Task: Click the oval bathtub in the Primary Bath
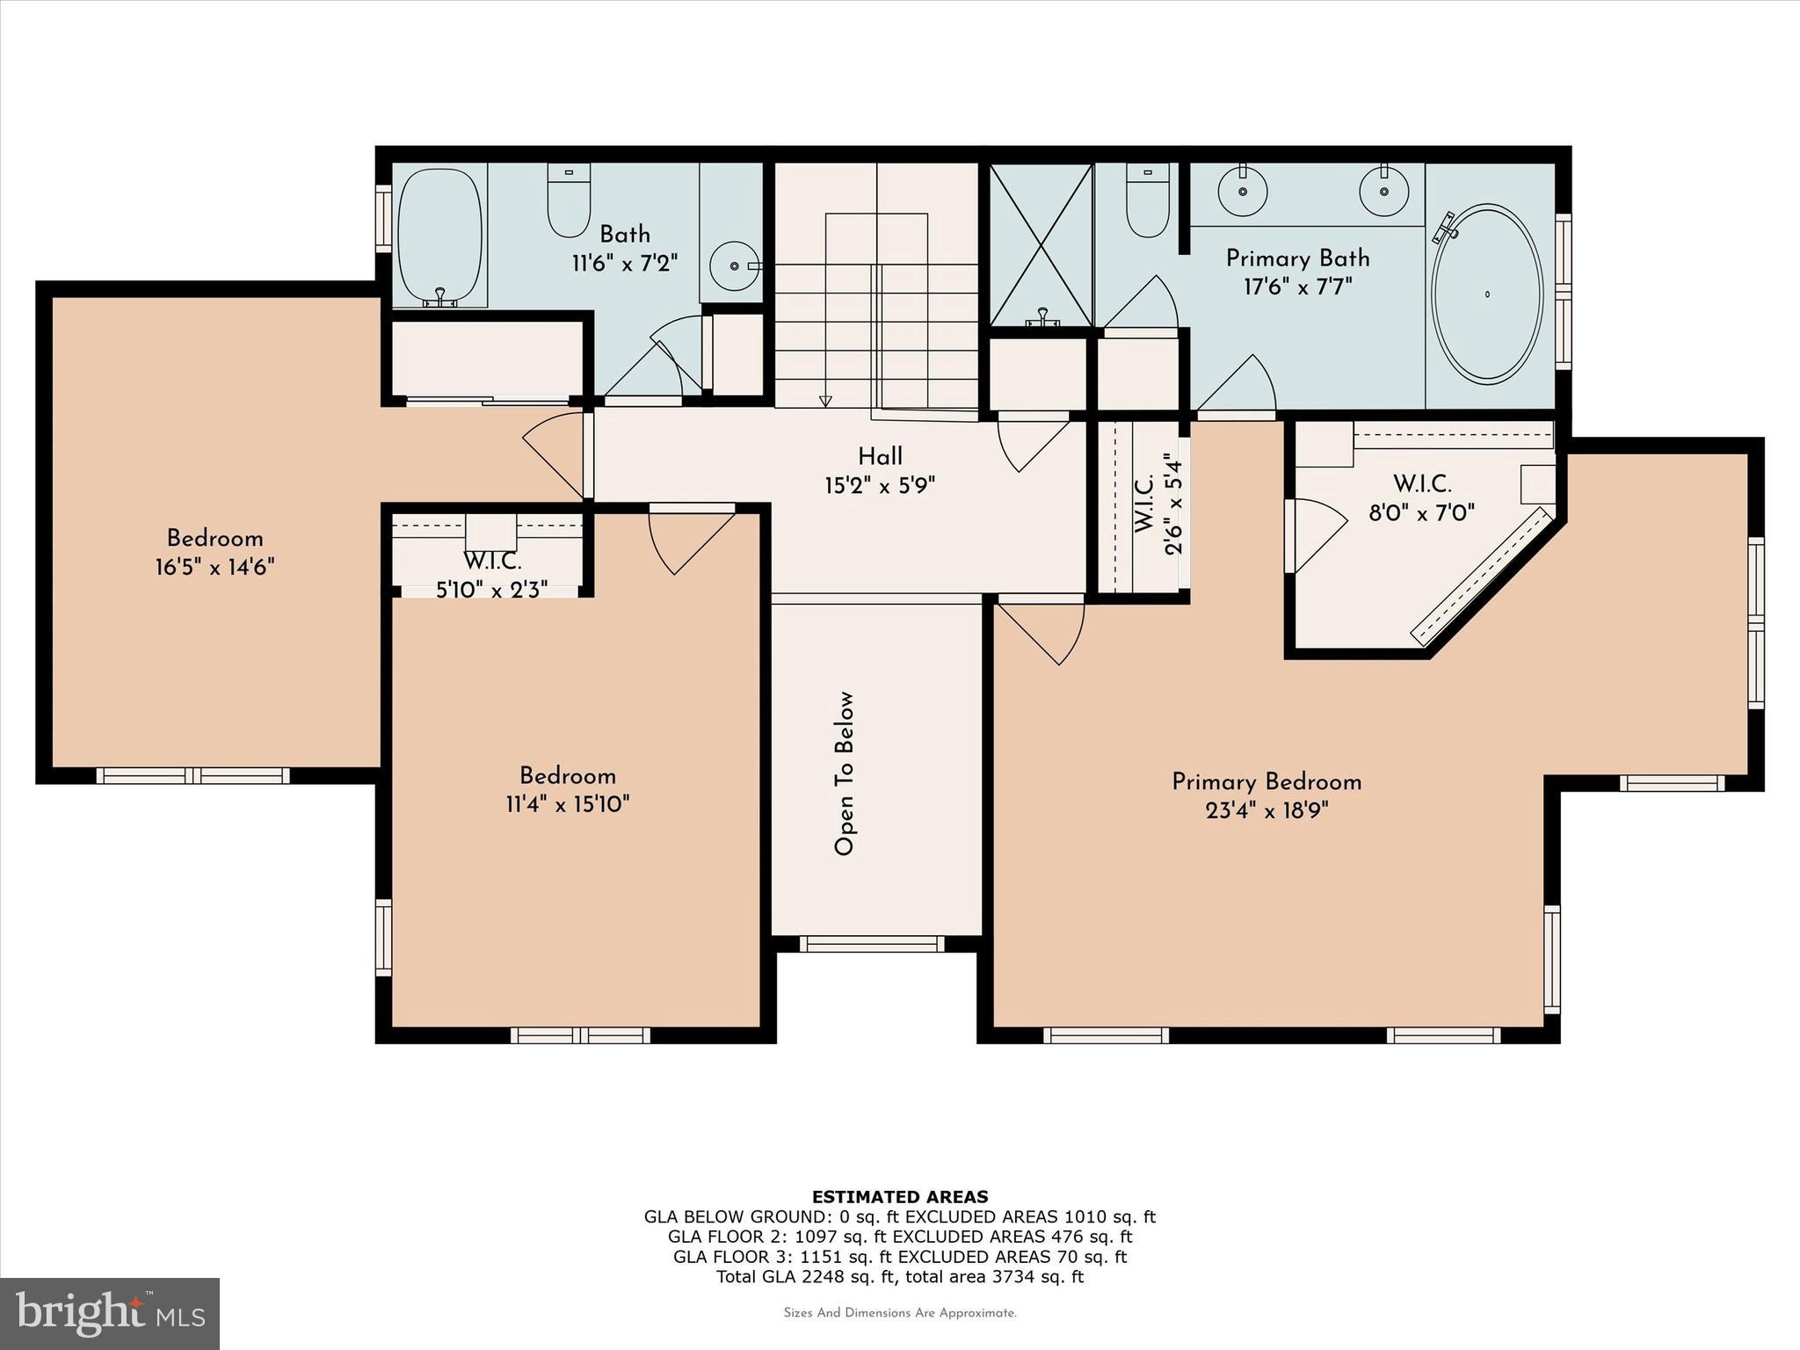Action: pyautogui.click(x=1487, y=294)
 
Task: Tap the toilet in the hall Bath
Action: pyautogui.click(x=568, y=200)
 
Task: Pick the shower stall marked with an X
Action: pyautogui.click(x=1041, y=244)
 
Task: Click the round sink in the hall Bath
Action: pyautogui.click(x=732, y=265)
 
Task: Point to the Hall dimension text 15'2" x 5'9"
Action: pyautogui.click(x=880, y=485)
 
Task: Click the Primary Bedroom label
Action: pyautogui.click(x=1267, y=781)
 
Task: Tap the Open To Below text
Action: pyautogui.click(x=845, y=773)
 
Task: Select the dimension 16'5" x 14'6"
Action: pyautogui.click(x=215, y=567)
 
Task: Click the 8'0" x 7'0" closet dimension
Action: pyautogui.click(x=1421, y=512)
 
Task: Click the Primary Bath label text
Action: pyautogui.click(x=1297, y=258)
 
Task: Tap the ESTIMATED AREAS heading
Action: pyautogui.click(x=899, y=1196)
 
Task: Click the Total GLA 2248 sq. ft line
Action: pyautogui.click(x=899, y=1276)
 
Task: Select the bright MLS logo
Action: pyautogui.click(x=110, y=1313)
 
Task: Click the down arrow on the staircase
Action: pyautogui.click(x=824, y=401)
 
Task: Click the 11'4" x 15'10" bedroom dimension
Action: pyautogui.click(x=567, y=804)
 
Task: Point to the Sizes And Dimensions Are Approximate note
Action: pyautogui.click(x=899, y=1313)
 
